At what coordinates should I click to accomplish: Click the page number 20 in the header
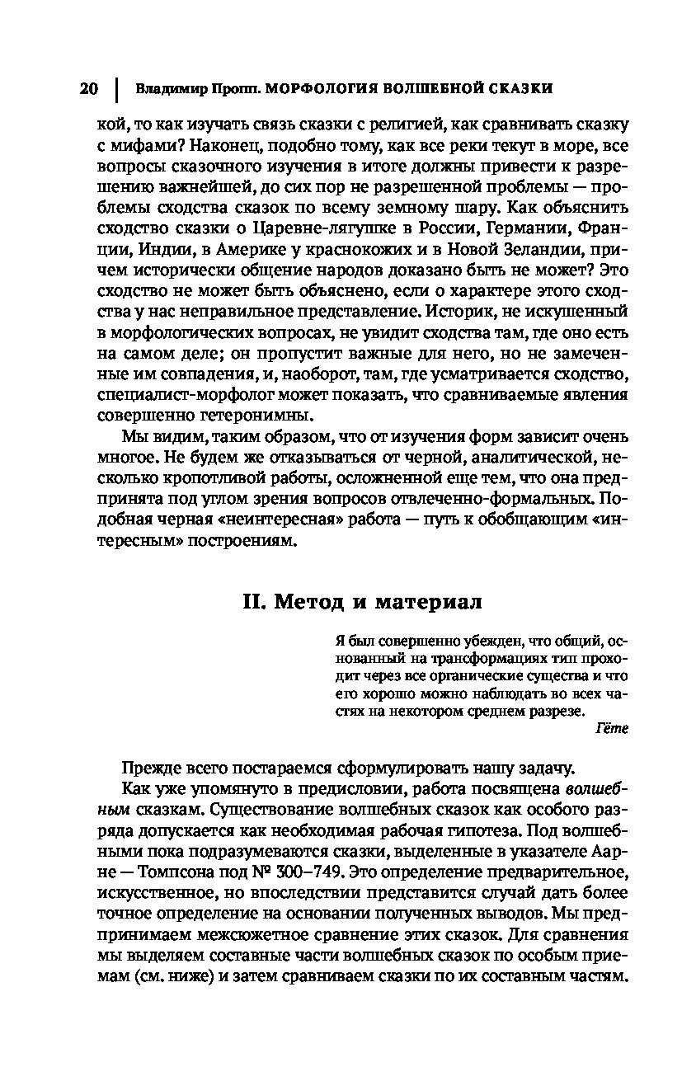tap(89, 88)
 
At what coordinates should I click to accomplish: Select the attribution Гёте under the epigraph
tap(611, 728)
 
